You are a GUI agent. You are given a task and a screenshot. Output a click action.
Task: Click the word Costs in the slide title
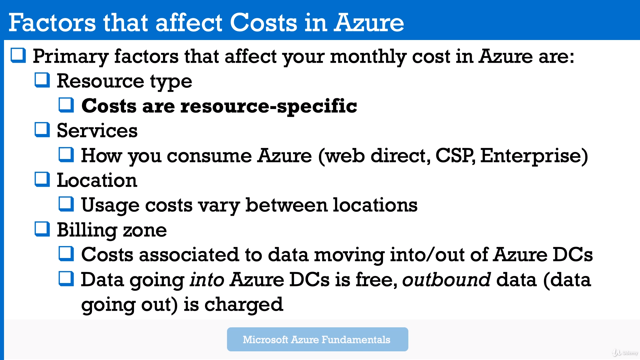pos(263,23)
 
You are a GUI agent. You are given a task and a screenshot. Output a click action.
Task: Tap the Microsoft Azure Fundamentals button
pos(317,339)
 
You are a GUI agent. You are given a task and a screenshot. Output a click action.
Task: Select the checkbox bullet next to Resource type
pos(42,80)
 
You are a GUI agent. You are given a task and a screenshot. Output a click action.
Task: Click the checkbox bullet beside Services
pos(42,130)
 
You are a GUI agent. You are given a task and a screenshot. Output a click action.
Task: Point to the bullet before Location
pos(42,179)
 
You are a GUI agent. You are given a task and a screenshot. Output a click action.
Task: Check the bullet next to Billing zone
pos(42,229)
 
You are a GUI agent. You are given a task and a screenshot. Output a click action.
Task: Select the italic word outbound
pos(446,279)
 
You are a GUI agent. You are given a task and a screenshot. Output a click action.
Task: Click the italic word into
pos(207,279)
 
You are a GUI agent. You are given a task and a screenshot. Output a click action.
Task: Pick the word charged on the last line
pos(244,305)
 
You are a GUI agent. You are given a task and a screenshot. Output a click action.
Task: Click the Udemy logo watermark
pos(625,353)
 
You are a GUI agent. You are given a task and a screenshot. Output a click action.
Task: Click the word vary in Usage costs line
pos(219,205)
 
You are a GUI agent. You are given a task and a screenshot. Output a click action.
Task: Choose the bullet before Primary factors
pos(18,55)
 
